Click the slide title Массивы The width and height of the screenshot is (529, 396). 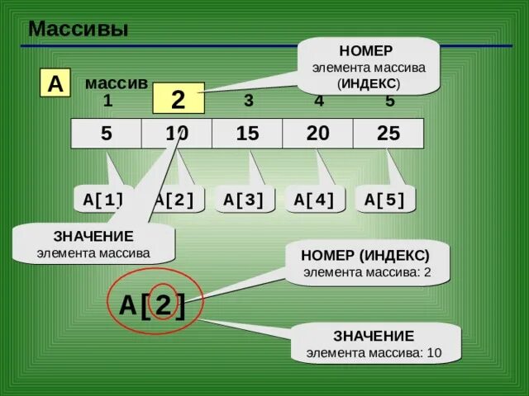(x=79, y=31)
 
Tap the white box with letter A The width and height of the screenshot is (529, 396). (x=55, y=84)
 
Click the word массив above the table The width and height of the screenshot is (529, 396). (x=116, y=84)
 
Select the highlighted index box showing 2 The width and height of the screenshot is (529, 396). (x=178, y=99)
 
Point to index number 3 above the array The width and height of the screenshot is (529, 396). (x=248, y=101)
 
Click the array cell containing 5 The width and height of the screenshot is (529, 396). (x=107, y=134)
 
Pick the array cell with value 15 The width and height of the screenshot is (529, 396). (x=247, y=134)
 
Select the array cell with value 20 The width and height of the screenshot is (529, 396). (x=317, y=134)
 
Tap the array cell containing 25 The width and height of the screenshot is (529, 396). (x=388, y=134)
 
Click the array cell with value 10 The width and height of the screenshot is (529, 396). (x=177, y=134)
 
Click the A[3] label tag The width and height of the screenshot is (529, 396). (x=244, y=199)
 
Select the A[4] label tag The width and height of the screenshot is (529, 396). (x=314, y=199)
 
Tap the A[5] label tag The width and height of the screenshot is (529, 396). (x=384, y=199)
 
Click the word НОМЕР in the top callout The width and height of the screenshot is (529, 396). (x=371, y=51)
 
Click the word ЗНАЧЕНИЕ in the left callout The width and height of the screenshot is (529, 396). (x=93, y=237)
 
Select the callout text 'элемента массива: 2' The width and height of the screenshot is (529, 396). (x=367, y=271)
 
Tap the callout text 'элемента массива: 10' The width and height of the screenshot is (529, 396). (x=374, y=353)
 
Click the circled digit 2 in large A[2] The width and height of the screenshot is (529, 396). (x=163, y=305)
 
